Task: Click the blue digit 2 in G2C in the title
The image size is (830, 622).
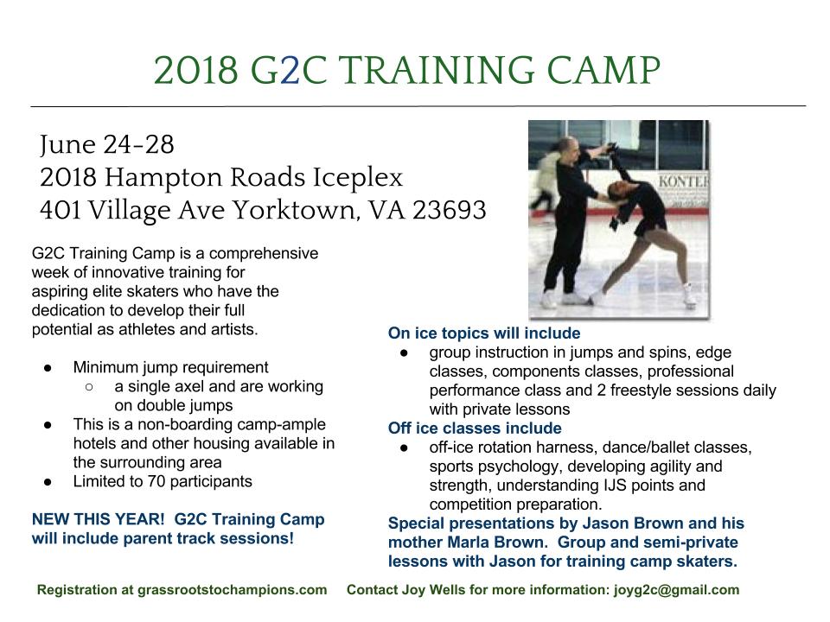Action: [x=290, y=70]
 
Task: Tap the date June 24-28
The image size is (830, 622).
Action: [x=107, y=144]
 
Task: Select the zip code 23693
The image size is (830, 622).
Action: [x=449, y=209]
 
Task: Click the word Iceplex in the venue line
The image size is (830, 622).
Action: [x=358, y=178]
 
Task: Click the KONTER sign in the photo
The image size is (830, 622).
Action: [x=683, y=181]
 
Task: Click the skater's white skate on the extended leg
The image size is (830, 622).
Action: [x=689, y=295]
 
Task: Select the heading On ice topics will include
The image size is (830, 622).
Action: [x=484, y=333]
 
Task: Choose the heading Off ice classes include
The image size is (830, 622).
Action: [x=475, y=428]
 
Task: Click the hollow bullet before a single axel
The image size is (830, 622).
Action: [x=89, y=387]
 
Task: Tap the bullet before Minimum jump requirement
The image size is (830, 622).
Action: [x=48, y=368]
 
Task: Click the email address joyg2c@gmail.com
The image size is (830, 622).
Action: [x=676, y=590]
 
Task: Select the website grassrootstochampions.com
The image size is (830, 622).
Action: [x=232, y=590]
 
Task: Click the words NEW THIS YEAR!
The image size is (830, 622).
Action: [x=99, y=519]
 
